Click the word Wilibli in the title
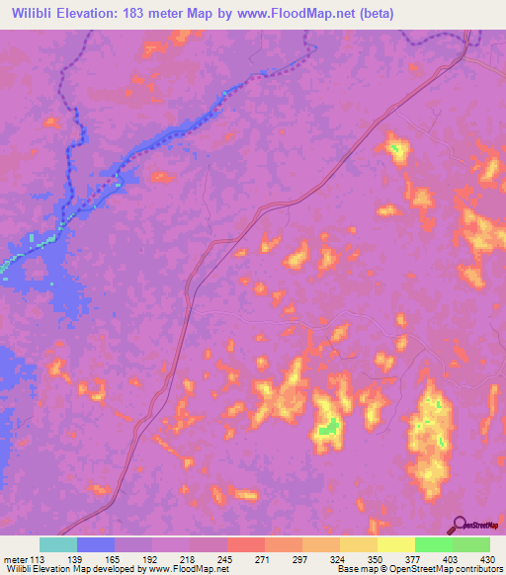33,13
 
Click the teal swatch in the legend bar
58,544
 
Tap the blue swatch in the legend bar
96,544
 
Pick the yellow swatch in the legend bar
396,544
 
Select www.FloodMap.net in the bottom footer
189,570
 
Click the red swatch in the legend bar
246,544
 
